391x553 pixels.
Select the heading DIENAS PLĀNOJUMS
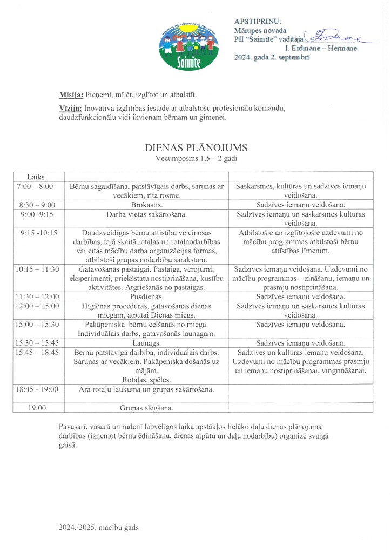(x=196, y=147)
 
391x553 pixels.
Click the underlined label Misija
(x=71, y=95)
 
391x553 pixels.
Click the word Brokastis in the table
(x=146, y=205)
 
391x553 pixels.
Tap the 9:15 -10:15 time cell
(x=38, y=233)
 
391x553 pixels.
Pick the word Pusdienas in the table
(x=146, y=296)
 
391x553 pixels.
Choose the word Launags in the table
(x=146, y=343)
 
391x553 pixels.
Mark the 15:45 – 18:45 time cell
(x=38, y=353)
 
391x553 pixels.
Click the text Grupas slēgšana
(x=146, y=408)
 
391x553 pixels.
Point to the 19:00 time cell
(x=38, y=408)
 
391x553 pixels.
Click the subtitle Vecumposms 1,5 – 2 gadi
(x=196, y=159)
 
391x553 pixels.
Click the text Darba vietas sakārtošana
(x=146, y=214)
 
